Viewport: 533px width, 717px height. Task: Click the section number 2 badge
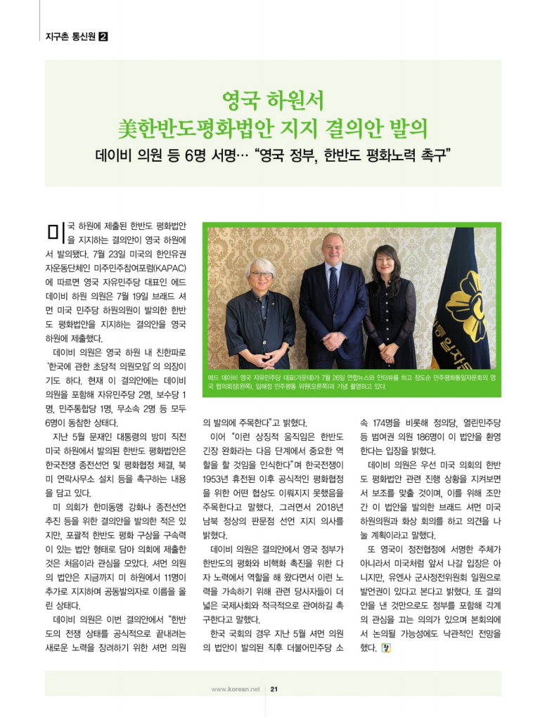tap(103, 36)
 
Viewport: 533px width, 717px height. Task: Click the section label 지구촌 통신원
tap(70, 36)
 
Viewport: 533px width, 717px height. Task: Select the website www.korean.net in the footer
tap(236, 689)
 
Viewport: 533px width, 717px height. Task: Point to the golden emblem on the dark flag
tap(472, 299)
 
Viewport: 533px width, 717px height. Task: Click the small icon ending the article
tap(385, 647)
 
